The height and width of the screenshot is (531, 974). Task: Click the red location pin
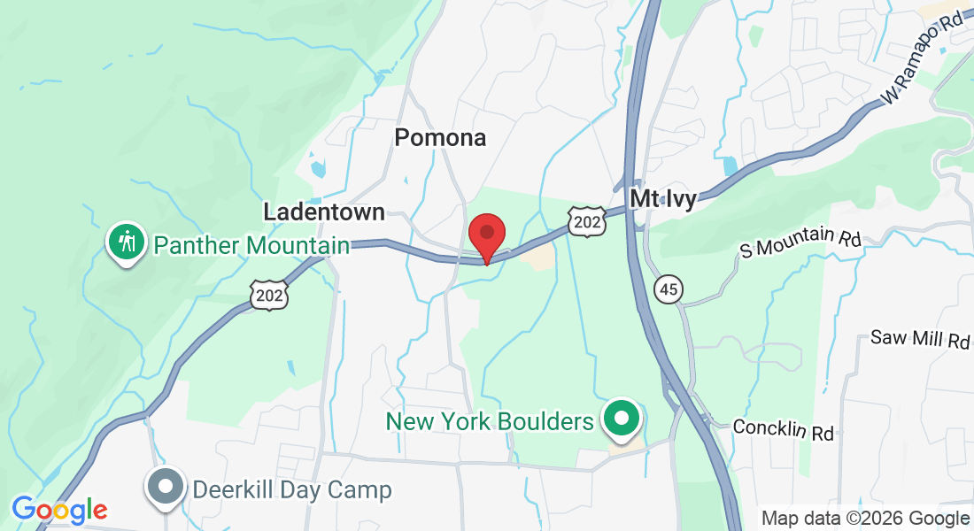click(486, 235)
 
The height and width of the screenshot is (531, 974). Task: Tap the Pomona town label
click(440, 138)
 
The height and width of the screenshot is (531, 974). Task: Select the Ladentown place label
click(324, 212)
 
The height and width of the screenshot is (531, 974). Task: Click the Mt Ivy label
click(663, 198)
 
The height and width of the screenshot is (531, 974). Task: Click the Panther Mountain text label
click(251, 245)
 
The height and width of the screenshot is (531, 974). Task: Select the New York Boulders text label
click(490, 421)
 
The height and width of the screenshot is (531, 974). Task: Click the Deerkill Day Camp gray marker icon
click(166, 487)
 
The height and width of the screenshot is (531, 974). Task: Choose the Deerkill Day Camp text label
click(292, 489)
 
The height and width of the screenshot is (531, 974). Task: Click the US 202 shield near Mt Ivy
click(586, 221)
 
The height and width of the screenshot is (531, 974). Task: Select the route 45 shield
click(669, 288)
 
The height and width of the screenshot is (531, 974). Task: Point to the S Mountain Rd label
click(800, 242)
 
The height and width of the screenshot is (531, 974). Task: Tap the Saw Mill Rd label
click(920, 338)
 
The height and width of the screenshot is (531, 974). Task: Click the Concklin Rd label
click(784, 430)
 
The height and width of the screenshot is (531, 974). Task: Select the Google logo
click(59, 510)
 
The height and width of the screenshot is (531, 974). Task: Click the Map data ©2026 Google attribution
click(865, 519)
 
